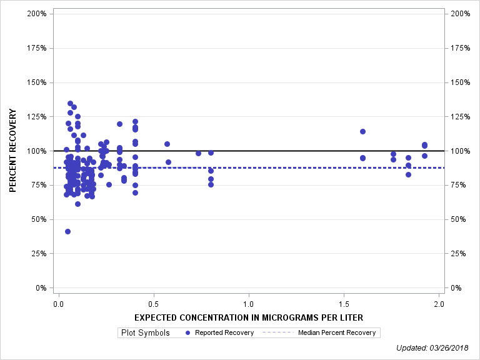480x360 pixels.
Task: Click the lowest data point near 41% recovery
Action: [67, 231]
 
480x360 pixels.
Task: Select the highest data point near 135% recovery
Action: [70, 103]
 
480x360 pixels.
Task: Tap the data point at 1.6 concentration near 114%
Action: [362, 131]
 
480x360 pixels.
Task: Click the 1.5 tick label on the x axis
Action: [344, 304]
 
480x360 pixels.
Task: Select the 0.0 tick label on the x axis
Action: [58, 304]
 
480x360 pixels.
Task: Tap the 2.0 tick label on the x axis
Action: [439, 304]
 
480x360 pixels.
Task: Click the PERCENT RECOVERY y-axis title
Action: [12, 151]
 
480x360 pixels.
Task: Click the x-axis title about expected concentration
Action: [248, 317]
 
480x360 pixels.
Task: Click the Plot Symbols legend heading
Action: [145, 332]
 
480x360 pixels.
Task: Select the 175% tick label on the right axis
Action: [459, 48]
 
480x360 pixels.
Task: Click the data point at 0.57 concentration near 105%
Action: [167, 144]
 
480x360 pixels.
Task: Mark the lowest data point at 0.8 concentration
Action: [211, 184]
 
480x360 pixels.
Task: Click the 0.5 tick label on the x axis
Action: [153, 304]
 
